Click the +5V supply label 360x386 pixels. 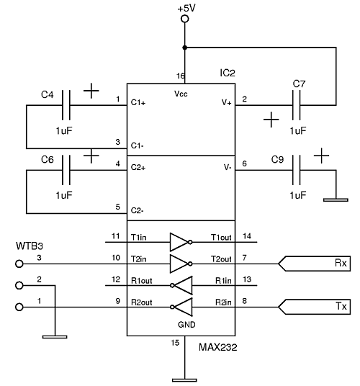click(186, 8)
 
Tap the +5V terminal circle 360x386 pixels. click(185, 19)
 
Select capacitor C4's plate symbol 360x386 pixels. click(66, 105)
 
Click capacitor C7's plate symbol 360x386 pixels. click(296, 105)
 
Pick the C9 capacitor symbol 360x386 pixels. click(296, 170)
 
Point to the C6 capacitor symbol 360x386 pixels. click(66, 170)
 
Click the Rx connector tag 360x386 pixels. click(314, 264)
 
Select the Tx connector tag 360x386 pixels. click(314, 307)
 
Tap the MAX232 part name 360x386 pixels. click(218, 347)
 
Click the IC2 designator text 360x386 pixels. click(228, 73)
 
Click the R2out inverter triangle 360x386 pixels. click(181, 307)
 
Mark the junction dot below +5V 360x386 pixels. click(185, 48)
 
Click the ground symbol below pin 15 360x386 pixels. click(184, 380)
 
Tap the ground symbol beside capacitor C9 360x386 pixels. click(336, 200)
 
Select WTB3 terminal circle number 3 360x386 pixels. click(19, 264)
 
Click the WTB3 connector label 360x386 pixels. click(30, 246)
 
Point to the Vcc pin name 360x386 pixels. click(181, 94)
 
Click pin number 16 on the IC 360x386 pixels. click(181, 76)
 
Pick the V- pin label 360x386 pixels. click(228, 167)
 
